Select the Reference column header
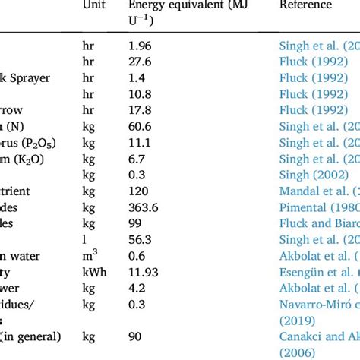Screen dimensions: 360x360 point(305,5)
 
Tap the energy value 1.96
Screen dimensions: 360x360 point(140,45)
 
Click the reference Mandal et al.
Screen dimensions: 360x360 point(317,190)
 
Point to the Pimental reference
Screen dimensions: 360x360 point(319,206)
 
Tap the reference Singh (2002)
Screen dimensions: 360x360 point(314,173)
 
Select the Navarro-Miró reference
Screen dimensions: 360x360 point(319,303)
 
